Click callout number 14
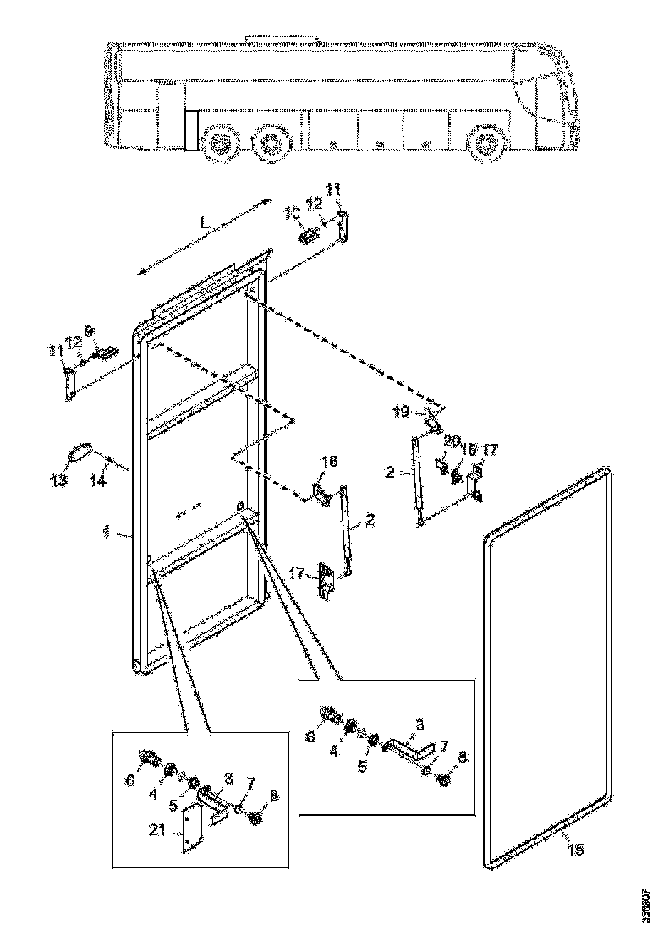(x=98, y=480)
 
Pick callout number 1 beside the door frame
(x=107, y=532)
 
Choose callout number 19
(x=402, y=412)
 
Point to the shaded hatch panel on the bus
(x=190, y=129)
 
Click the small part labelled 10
(x=310, y=235)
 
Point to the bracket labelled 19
(x=432, y=418)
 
